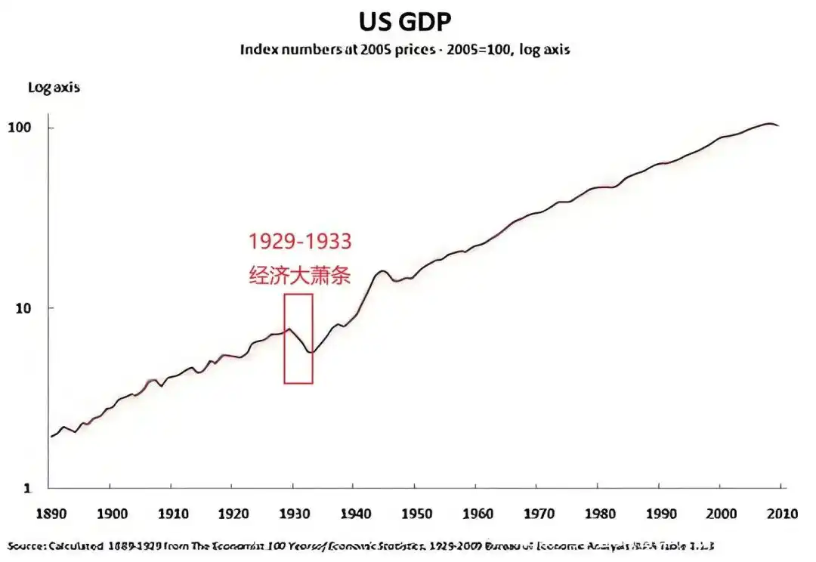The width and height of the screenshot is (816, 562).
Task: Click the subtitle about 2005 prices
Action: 405,50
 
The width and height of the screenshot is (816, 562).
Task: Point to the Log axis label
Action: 54,88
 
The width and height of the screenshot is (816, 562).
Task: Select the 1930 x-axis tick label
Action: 292,514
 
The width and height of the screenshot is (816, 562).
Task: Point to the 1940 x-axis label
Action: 354,514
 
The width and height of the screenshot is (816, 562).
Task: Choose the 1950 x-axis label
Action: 414,514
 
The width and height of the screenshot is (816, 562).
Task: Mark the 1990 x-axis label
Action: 658,514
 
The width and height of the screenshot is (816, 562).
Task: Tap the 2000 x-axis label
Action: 719,514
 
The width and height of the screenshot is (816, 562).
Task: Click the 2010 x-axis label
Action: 780,514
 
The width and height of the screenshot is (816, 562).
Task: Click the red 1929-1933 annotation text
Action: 300,242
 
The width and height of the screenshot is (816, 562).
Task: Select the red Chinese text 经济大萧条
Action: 300,275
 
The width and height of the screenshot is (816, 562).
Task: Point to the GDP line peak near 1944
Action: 382,270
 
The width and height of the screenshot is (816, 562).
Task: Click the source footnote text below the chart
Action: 361,545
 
